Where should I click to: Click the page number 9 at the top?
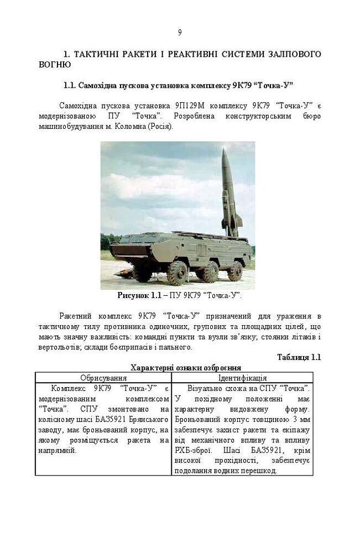180,32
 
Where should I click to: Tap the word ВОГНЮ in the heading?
55,65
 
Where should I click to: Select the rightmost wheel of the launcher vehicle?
235,270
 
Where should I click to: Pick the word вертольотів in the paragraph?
58,347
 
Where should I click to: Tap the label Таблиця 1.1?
299,357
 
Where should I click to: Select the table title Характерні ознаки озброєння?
185,368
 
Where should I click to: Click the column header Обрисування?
103,378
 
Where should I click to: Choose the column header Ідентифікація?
242,378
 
